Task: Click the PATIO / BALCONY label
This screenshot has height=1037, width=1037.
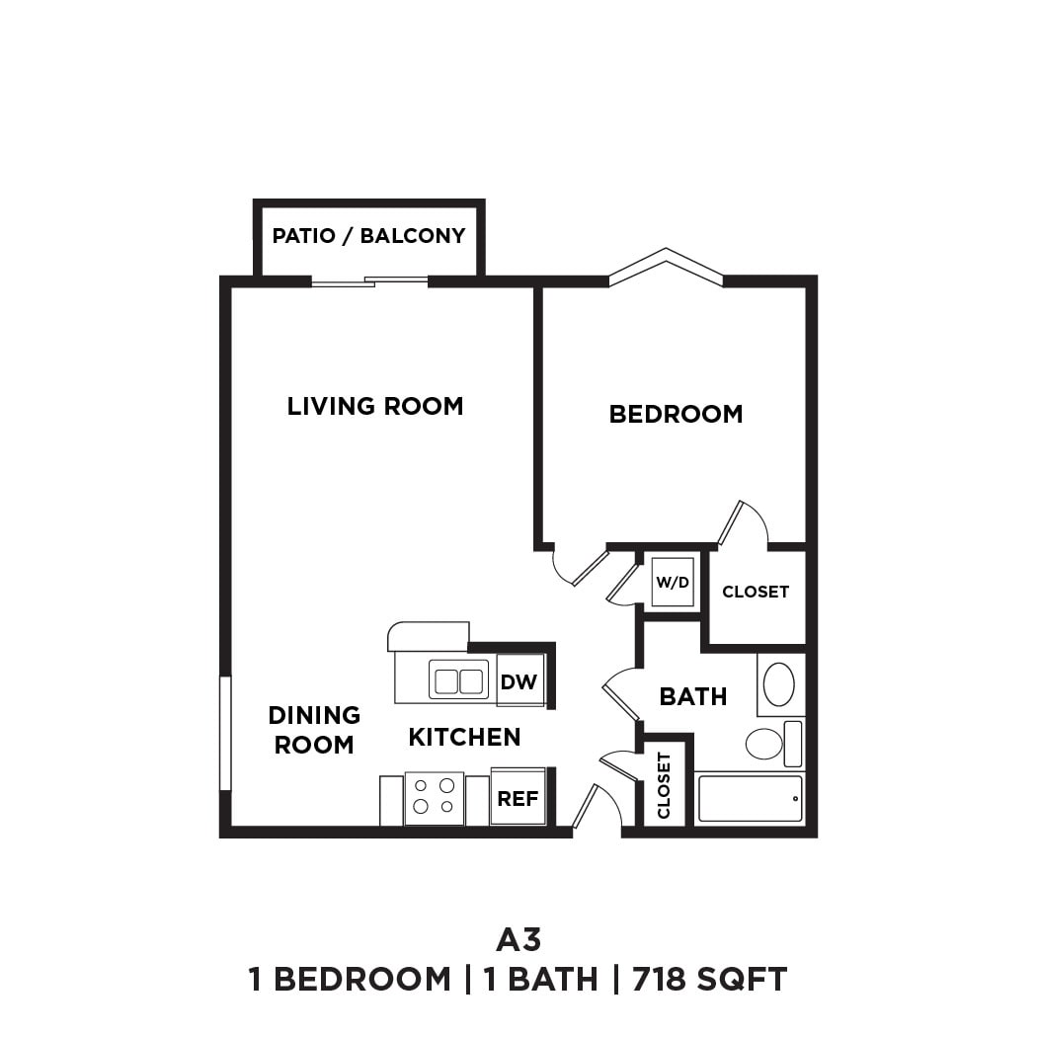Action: click(368, 236)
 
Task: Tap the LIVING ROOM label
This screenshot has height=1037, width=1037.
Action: click(375, 406)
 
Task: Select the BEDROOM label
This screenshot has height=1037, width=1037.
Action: click(676, 414)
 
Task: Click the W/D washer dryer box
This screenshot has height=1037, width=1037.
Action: click(673, 582)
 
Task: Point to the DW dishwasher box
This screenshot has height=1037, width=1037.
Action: click(519, 680)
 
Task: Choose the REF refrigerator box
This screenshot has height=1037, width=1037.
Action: click(518, 797)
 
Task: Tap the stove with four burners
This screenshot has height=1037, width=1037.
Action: click(435, 797)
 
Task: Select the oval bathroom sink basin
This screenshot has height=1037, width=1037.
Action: click(779, 684)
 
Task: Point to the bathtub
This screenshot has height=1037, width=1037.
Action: click(750, 798)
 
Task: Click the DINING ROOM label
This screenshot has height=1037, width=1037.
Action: click(314, 729)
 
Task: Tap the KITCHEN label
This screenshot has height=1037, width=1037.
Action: click(464, 737)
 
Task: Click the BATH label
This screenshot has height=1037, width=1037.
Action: click(693, 696)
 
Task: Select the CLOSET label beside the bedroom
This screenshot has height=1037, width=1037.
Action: click(756, 592)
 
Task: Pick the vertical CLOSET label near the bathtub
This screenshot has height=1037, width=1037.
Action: click(664, 785)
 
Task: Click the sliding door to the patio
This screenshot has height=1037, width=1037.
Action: click(370, 282)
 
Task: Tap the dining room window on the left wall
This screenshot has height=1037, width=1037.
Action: click(225, 733)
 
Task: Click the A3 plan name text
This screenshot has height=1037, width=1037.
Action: click(518, 938)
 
